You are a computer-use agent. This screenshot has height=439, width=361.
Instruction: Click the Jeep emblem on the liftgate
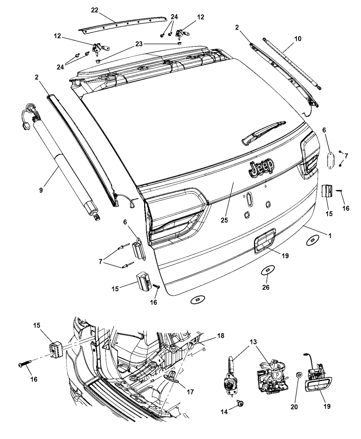click(x=262, y=167)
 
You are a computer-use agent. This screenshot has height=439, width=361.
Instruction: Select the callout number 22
click(x=95, y=10)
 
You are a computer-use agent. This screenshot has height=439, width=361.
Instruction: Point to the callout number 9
click(x=41, y=190)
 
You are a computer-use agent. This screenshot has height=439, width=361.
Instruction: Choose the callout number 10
click(x=298, y=39)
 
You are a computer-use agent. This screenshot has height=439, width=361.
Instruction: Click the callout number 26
click(x=266, y=287)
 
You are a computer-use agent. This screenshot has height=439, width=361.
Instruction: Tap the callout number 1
click(x=330, y=236)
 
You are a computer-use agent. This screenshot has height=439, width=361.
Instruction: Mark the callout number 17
click(x=190, y=392)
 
